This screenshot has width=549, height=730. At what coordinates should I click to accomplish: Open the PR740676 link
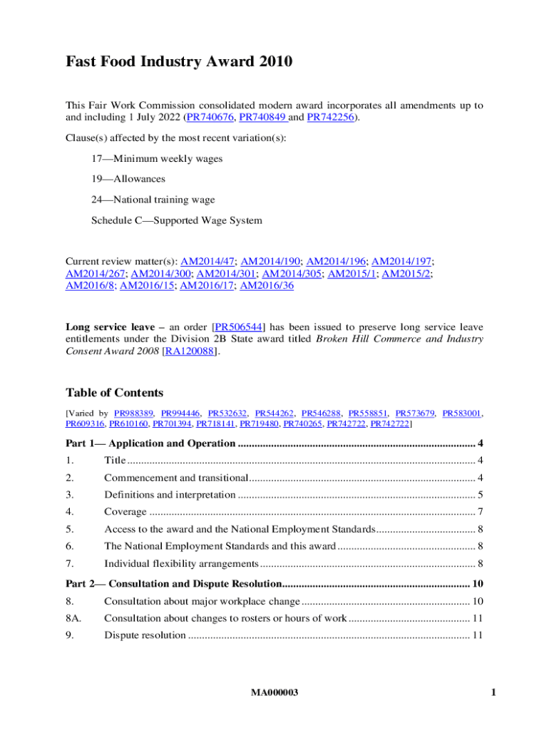[212, 118]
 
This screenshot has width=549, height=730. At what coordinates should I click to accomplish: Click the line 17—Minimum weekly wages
[156, 159]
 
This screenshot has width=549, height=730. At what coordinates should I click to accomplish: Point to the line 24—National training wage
[153, 200]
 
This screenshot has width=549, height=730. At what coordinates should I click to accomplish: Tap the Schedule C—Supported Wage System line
[176, 220]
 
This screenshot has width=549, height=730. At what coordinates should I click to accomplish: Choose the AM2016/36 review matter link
[267, 285]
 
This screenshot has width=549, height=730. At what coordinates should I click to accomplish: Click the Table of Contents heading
[114, 393]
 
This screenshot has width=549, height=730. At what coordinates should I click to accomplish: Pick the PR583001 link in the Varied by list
[462, 413]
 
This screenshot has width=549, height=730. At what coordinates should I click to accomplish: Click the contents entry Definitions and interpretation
[169, 495]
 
